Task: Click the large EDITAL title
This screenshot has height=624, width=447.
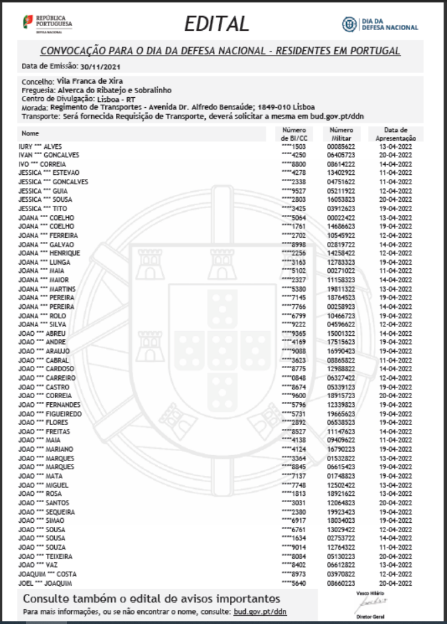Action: [216, 24]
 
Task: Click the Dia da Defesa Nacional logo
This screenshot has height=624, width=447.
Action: [381, 24]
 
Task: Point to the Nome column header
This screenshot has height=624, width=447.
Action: [31, 133]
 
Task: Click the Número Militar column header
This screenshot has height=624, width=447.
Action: [340, 133]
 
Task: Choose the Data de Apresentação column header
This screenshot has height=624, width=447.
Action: [400, 133]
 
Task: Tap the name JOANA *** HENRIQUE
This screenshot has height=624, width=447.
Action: [50, 253]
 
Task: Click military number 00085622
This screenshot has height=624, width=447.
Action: [340, 145]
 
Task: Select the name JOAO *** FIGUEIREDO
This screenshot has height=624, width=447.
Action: [50, 414]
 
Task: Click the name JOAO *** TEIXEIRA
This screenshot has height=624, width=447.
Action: [46, 556]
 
